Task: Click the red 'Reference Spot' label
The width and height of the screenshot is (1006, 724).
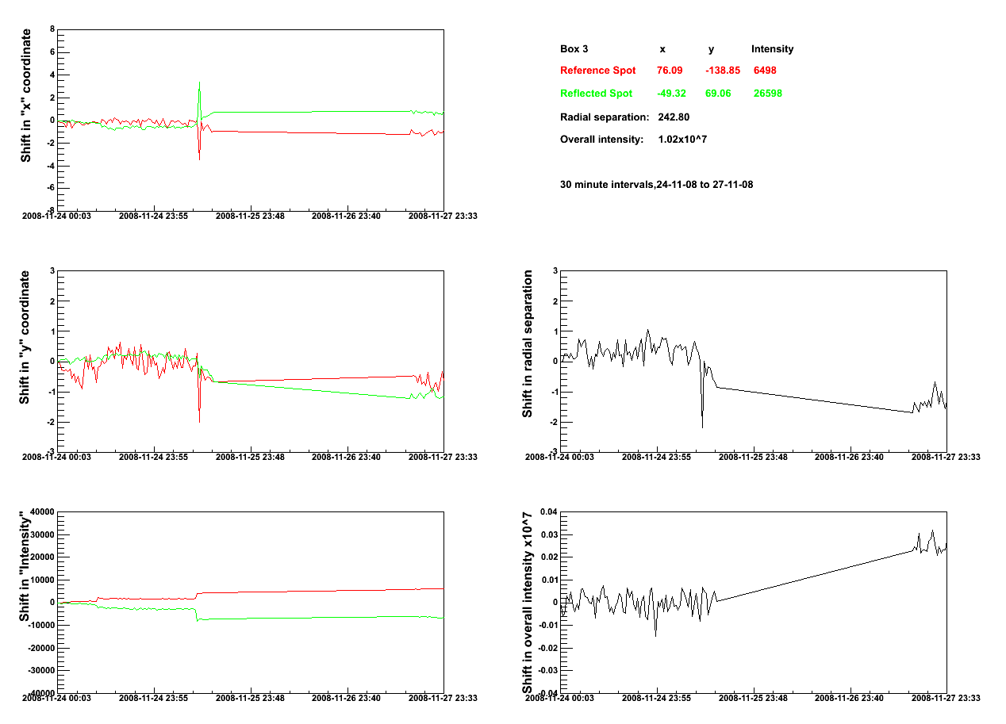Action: (597, 71)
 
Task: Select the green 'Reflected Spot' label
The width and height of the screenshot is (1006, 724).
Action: (596, 94)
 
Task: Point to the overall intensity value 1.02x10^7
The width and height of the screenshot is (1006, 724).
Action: (682, 140)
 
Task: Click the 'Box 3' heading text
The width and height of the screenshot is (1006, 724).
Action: (574, 49)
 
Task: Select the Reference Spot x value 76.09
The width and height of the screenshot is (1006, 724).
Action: (670, 71)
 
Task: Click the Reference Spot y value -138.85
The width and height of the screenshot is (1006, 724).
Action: (723, 71)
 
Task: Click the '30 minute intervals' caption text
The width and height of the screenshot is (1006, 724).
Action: (656, 185)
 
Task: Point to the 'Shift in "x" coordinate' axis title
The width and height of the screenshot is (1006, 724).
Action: (27, 95)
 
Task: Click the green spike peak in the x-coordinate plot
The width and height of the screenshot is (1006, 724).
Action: (199, 82)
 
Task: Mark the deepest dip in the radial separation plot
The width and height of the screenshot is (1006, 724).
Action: (702, 427)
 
